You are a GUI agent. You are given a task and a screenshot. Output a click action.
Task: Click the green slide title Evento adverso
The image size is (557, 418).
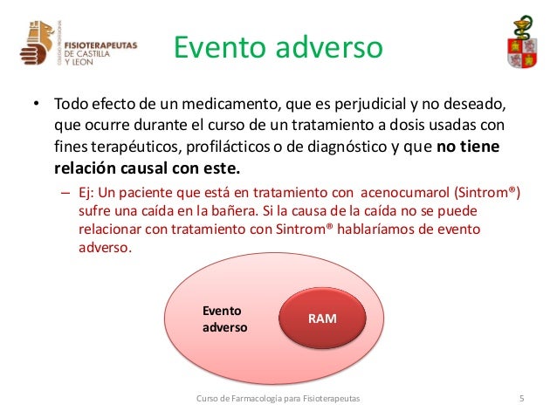click(x=278, y=47)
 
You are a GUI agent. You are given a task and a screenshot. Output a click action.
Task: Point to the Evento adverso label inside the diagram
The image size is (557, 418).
click(x=224, y=319)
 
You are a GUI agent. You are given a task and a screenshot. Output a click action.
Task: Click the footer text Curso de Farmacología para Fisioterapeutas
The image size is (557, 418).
click(x=278, y=400)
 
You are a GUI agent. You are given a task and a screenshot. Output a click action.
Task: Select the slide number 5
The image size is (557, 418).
click(x=521, y=400)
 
